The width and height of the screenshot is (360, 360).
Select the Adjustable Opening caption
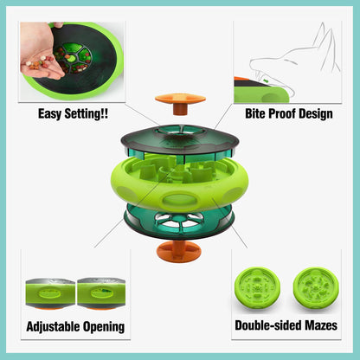75,326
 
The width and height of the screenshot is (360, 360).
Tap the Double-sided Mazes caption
286,326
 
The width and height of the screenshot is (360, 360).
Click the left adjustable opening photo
49,292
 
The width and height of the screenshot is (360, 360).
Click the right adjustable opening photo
102,292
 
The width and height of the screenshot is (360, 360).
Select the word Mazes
318,326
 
